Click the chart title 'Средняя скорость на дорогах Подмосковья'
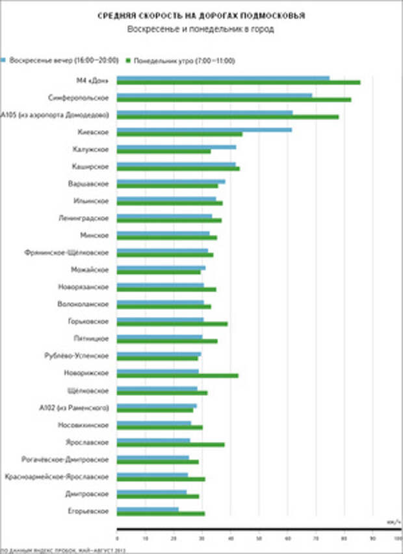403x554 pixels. click(201, 14)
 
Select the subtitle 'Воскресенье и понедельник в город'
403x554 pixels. click(201, 29)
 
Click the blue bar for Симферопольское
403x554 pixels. click(214, 96)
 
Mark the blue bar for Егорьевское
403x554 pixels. click(148, 509)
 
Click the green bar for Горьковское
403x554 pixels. click(172, 324)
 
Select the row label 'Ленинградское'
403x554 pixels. click(84, 218)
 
